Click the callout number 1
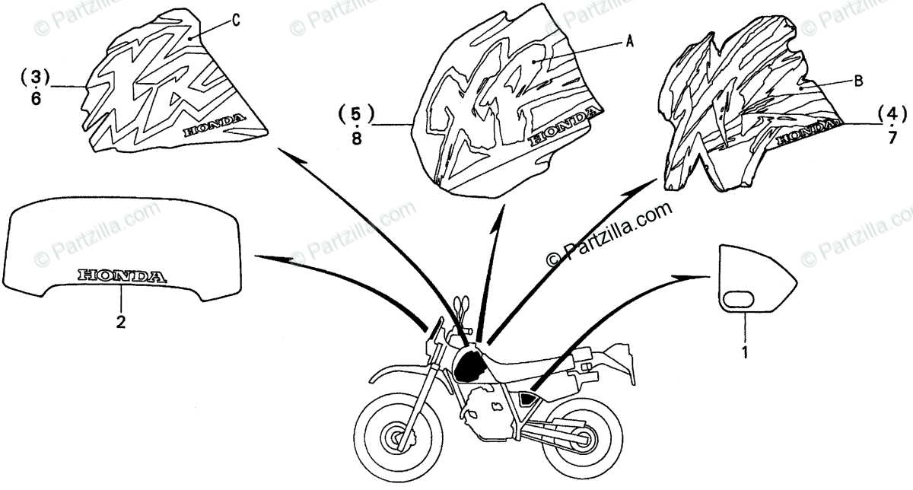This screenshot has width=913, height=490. pyautogui.click(x=746, y=352)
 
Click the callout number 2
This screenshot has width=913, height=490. pyautogui.click(x=120, y=322)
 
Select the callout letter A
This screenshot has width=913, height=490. pyautogui.click(x=629, y=43)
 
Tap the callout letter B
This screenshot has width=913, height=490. pyautogui.click(x=857, y=82)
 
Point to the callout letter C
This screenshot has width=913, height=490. pyautogui.click(x=236, y=21)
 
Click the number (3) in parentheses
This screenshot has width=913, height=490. pyautogui.click(x=35, y=77)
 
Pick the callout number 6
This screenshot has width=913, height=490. pyautogui.click(x=36, y=100)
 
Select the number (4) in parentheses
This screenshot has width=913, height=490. pyautogui.click(x=892, y=114)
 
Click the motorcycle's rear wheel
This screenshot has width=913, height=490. pyautogui.click(x=580, y=440)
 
